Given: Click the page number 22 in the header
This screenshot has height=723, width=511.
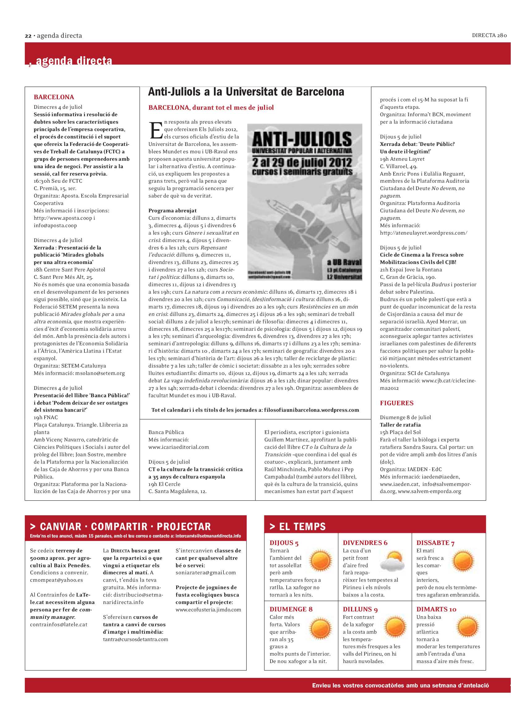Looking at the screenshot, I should coord(28,36).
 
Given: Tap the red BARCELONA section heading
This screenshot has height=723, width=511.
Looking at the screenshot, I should coord(54,97).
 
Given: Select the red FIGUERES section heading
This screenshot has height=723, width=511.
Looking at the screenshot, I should coord(396,403).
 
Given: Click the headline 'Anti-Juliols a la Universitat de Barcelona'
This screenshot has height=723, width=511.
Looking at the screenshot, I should coord(246,92).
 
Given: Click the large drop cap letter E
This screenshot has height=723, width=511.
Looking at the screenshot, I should coord(156,130).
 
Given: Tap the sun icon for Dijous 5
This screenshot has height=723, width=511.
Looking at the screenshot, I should coord(321,561).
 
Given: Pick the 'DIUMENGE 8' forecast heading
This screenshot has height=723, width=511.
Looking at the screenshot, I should coord(291,609).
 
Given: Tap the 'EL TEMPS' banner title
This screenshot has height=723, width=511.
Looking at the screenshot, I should coord(302,526).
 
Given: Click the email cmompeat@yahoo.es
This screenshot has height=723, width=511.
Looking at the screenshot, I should coord(56,580).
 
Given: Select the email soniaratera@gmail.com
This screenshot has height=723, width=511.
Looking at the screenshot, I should coord(206,572).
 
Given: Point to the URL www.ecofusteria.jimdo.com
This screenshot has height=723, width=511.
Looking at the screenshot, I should coord(208,610).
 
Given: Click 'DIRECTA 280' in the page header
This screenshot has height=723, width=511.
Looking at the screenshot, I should coord(489,36).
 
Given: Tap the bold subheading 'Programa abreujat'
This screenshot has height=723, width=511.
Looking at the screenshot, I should coord(172,211).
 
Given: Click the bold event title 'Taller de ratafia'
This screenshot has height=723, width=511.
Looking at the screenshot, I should coord(400,425).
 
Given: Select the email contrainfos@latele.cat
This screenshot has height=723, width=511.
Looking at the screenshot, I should coord(58,624).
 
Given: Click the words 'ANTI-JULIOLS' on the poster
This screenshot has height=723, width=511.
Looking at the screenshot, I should coord(302,139).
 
